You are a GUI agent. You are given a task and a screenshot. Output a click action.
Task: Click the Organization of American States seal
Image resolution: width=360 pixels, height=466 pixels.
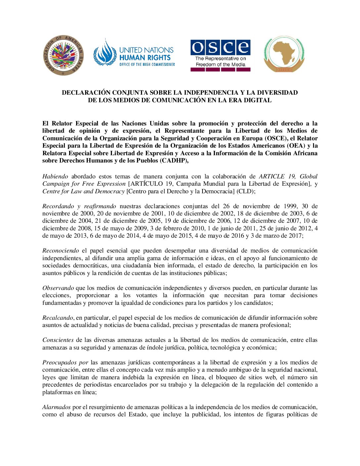tap(64, 56)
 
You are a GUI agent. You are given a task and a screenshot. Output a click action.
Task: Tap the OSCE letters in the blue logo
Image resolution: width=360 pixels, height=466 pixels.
tap(220, 47)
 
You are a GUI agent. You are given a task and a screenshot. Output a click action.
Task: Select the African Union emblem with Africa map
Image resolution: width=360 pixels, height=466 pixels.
tap(284, 54)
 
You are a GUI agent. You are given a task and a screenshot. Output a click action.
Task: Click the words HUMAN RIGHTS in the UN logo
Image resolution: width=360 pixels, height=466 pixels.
tap(145, 57)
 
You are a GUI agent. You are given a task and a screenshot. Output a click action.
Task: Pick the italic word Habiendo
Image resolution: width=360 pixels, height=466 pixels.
tap(55, 176)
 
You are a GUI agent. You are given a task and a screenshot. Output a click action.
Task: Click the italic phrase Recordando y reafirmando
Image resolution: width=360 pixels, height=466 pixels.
tap(79, 206)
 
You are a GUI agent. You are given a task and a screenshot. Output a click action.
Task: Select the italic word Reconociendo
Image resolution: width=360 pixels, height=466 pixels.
tap(61, 251)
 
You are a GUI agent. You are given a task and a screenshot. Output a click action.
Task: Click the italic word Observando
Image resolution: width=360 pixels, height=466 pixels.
tap(58, 288)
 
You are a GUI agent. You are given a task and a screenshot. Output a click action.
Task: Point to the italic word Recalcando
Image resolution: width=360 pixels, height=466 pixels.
tap(58, 318)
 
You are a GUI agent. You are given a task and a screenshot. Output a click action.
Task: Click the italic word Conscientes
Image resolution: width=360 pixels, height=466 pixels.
tap(58, 340)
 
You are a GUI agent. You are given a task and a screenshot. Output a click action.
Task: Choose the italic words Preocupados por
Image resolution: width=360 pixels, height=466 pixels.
tap(65, 362)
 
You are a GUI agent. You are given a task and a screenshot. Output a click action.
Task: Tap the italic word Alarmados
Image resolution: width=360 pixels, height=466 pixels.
tap(56, 407)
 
